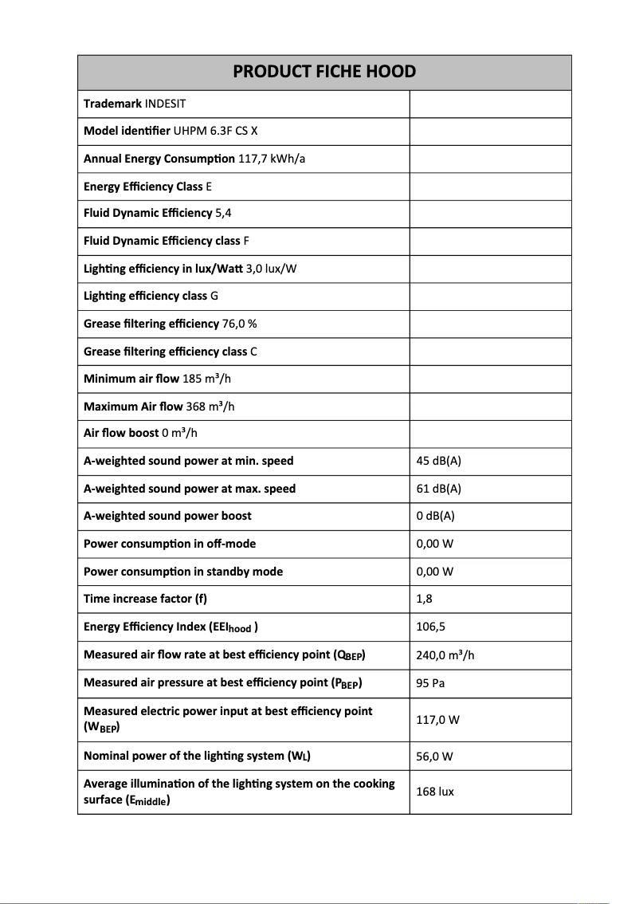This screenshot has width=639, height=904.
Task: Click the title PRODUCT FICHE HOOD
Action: point(324,72)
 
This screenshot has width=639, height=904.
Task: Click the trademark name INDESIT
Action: point(166,104)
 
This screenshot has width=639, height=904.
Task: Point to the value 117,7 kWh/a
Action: point(272,159)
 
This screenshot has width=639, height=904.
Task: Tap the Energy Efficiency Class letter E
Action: point(209,187)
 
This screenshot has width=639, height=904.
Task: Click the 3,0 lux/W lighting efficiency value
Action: point(271,269)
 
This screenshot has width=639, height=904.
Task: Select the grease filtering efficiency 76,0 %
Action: point(239,324)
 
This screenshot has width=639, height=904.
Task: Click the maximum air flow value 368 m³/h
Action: point(210,407)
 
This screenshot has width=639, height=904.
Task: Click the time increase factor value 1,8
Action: point(424,599)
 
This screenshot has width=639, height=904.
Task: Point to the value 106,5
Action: point(430,627)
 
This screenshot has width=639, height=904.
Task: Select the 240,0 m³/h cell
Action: point(445,655)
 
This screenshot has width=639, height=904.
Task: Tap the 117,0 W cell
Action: point(437,720)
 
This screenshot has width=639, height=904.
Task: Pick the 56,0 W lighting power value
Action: point(434,756)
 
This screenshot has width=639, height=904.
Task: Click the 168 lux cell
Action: point(435,792)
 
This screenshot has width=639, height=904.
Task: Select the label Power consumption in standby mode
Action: point(183,572)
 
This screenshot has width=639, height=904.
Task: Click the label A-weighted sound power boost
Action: point(167,516)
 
